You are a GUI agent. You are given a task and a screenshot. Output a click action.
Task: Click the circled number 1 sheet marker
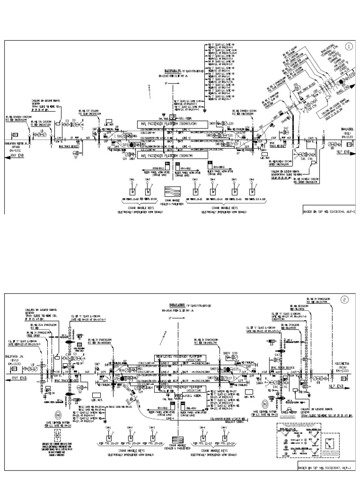coord(349,47)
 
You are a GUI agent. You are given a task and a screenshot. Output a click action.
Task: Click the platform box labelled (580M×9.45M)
coord(171,123)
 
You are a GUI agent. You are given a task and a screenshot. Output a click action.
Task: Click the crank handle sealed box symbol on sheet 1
coord(172,192)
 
